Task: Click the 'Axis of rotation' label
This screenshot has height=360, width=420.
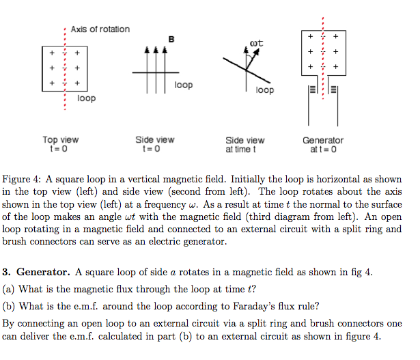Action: [100, 29]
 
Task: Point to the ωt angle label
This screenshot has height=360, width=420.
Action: [257, 44]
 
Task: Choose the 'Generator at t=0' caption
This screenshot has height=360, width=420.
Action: [323, 144]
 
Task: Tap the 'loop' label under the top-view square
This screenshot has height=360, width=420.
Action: [86, 99]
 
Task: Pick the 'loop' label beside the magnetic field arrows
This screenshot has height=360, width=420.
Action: [183, 85]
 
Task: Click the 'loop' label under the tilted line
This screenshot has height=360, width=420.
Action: [264, 90]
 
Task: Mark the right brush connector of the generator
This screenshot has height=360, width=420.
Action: [333, 89]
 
